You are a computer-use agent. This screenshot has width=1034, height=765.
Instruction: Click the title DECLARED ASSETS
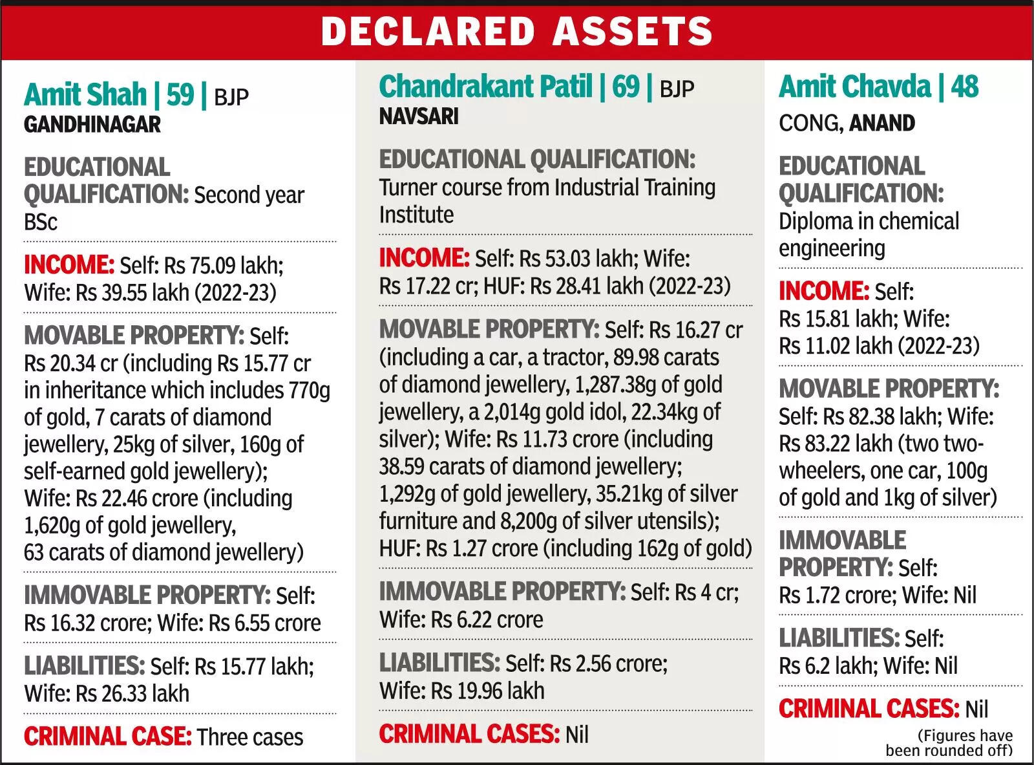pos(516,31)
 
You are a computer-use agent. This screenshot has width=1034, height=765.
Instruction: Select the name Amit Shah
pos(85,94)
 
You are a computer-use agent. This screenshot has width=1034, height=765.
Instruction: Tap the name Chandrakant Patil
pos(485,87)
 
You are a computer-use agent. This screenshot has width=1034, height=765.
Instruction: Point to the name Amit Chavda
pos(854,87)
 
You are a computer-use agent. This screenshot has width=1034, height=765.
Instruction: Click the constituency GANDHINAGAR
pos(92,125)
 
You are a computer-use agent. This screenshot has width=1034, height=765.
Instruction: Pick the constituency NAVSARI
pos(419,116)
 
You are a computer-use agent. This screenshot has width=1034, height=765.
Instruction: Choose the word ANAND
pos(882,123)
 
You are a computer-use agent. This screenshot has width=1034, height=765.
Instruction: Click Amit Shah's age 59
pos(180,94)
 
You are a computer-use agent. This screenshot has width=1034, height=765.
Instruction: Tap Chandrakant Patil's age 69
pos(626,87)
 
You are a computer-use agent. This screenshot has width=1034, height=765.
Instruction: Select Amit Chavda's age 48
pos(965,87)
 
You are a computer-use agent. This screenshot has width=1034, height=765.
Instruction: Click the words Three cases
pos(250,737)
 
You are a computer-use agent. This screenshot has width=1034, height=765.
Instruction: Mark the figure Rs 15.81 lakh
pos(838,319)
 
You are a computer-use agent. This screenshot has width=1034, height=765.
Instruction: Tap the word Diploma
pos(814,221)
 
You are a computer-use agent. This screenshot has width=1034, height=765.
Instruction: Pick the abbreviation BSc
pos(41,222)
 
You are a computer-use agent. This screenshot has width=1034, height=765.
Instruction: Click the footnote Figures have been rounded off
pos(949,743)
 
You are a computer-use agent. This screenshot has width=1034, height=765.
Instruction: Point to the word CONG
pos(810,124)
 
